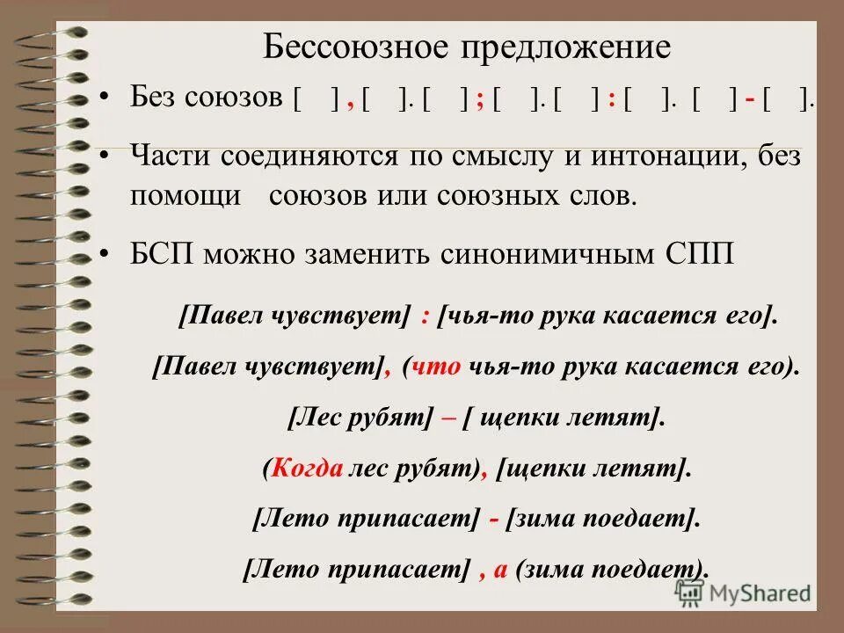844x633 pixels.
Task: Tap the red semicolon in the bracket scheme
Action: tap(481, 100)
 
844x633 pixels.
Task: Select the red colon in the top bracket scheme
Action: tap(610, 100)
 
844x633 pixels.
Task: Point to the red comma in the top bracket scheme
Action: tap(350, 102)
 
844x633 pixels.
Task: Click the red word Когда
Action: tap(307, 468)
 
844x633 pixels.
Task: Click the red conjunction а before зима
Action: tap(500, 569)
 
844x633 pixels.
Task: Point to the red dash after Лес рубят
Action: tap(447, 418)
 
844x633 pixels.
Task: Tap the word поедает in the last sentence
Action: tap(654, 569)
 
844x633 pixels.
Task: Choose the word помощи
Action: tap(185, 195)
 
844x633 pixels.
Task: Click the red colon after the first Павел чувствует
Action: tap(425, 316)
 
